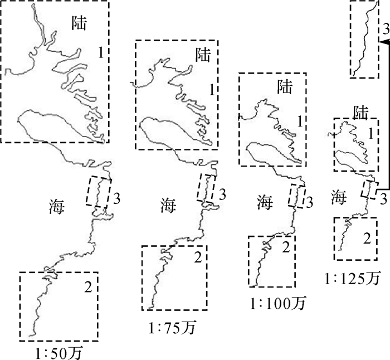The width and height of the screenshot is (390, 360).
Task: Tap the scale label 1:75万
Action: click(x=174, y=325)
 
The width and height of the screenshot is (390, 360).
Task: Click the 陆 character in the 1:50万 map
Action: click(x=81, y=22)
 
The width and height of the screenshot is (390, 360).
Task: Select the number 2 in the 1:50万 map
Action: click(x=87, y=288)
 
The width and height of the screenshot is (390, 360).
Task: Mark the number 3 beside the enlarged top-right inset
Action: click(x=384, y=28)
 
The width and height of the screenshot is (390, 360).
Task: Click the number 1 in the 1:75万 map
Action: click(x=211, y=89)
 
